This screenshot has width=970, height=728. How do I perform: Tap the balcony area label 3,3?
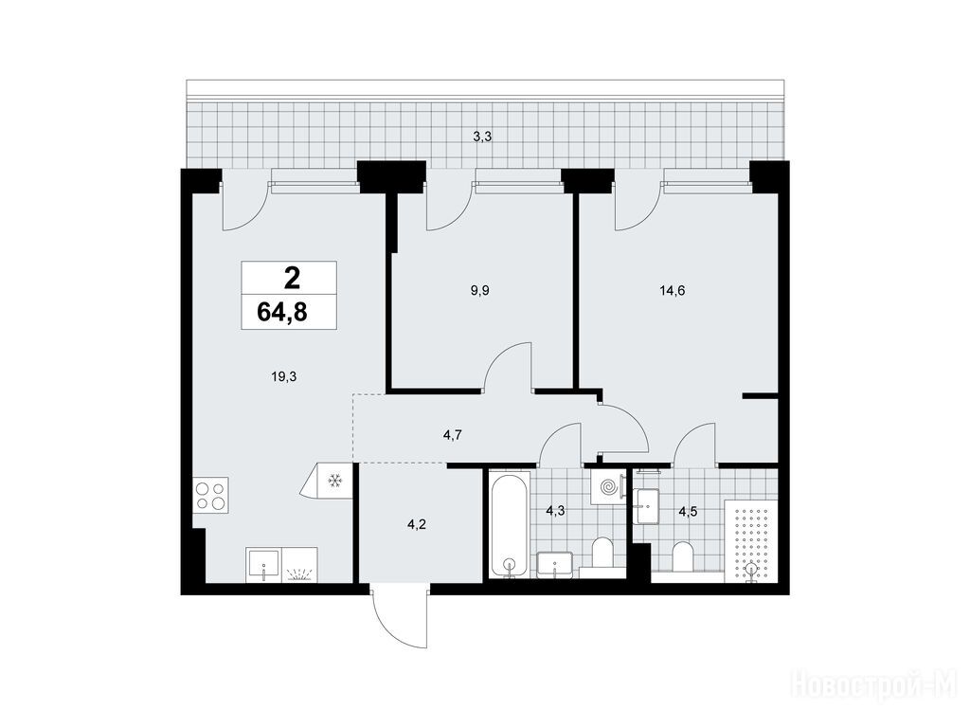pos(482,137)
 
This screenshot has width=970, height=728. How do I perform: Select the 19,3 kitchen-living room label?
pos(284,375)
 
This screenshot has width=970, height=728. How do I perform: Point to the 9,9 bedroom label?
pos(479,290)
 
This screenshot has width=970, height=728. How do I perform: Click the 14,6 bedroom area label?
pos(672,290)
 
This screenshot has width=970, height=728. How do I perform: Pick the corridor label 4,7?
pos(453,435)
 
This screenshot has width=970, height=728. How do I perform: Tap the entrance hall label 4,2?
pos(417,525)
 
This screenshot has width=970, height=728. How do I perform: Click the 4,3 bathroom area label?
pos(555,511)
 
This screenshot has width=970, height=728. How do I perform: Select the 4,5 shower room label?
pos(688,512)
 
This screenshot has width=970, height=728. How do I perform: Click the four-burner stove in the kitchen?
pos(210,495)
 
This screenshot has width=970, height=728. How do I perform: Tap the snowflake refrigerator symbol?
pos(334,480)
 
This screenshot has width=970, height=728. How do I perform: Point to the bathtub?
pos(509,523)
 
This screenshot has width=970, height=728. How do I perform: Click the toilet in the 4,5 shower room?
pos(682,556)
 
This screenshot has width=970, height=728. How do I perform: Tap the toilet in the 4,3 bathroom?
pos(602,553)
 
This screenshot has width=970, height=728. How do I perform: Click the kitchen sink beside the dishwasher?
pos(264,565)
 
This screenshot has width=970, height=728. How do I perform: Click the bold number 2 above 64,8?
pos(292,278)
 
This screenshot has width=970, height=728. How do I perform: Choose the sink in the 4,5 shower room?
pos(646,505)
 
